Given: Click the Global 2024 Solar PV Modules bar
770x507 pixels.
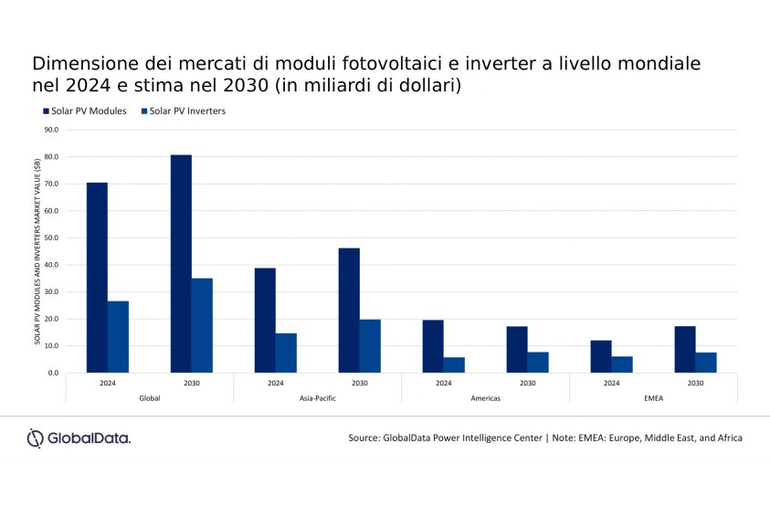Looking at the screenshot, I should point(97,278).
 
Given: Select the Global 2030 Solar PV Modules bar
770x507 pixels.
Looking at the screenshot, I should point(181,264).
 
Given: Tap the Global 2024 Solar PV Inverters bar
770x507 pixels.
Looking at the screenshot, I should point(118,337).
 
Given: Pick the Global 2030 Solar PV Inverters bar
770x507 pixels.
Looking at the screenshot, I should point(202,325).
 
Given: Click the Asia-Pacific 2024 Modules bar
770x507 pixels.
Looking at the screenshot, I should point(265,321).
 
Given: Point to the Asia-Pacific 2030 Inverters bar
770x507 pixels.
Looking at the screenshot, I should point(370,346).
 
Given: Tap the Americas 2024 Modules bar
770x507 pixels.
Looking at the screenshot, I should point(433,346).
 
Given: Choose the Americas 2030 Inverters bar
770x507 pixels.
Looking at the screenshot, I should point(538,363).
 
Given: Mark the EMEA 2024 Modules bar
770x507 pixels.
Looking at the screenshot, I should point(601,356).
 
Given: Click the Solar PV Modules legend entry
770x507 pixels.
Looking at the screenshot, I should point(83,111).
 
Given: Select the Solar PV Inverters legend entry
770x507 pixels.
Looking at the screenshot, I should point(183,111).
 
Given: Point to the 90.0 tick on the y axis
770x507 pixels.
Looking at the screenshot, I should point(50,130).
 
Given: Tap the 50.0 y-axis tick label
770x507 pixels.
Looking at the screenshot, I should point(50,238).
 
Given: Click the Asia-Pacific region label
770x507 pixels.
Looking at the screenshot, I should point(317,398).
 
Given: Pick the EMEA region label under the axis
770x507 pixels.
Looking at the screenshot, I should point(653,398).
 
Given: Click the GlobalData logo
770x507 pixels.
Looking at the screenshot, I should point(79,438).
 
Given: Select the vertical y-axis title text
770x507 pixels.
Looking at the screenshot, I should point(37,251).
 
